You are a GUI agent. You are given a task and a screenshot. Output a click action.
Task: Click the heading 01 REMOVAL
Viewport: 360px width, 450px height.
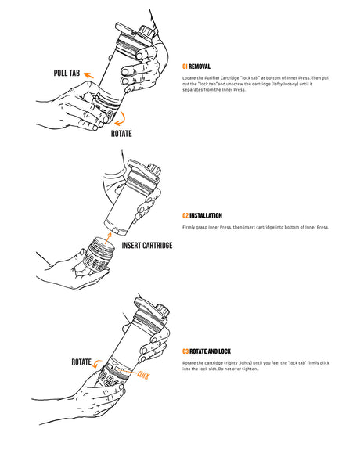196,67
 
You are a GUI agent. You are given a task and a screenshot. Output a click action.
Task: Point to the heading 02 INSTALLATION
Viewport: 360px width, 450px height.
202,215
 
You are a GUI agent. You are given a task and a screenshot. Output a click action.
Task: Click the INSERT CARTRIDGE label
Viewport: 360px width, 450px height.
147,246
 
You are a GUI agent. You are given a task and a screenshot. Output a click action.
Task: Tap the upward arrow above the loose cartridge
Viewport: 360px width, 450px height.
106,232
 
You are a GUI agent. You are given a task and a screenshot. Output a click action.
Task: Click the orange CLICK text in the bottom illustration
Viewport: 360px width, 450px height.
143,376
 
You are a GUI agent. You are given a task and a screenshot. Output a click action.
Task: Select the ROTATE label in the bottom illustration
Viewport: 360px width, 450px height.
83,362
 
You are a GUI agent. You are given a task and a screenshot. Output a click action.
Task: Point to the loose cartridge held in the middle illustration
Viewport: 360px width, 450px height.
95,257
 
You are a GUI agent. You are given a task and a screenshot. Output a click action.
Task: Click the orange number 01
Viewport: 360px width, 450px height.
185,67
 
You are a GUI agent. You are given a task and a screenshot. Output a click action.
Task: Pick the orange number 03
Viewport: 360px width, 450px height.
185,351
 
